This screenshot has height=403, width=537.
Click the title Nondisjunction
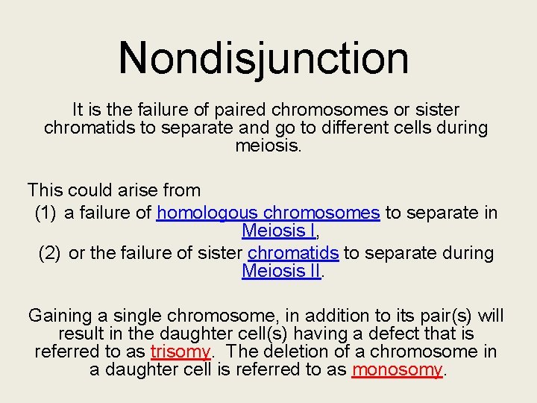tap(263, 58)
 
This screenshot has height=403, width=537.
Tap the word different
tap(361, 128)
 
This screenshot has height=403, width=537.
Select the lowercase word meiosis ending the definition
tap(268, 146)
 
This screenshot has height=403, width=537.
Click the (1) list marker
tap(46, 213)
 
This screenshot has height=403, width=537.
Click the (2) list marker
tap(50, 253)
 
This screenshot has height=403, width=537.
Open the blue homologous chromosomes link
tap(268, 213)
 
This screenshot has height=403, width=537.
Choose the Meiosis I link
tap(272, 231)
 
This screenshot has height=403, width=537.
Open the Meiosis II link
tap(281, 271)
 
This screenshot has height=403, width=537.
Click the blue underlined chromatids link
tap(293, 253)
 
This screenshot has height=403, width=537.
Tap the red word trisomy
tap(180, 352)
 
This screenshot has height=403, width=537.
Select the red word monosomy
tap(397, 370)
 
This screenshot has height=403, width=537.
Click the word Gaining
tap(59, 316)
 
